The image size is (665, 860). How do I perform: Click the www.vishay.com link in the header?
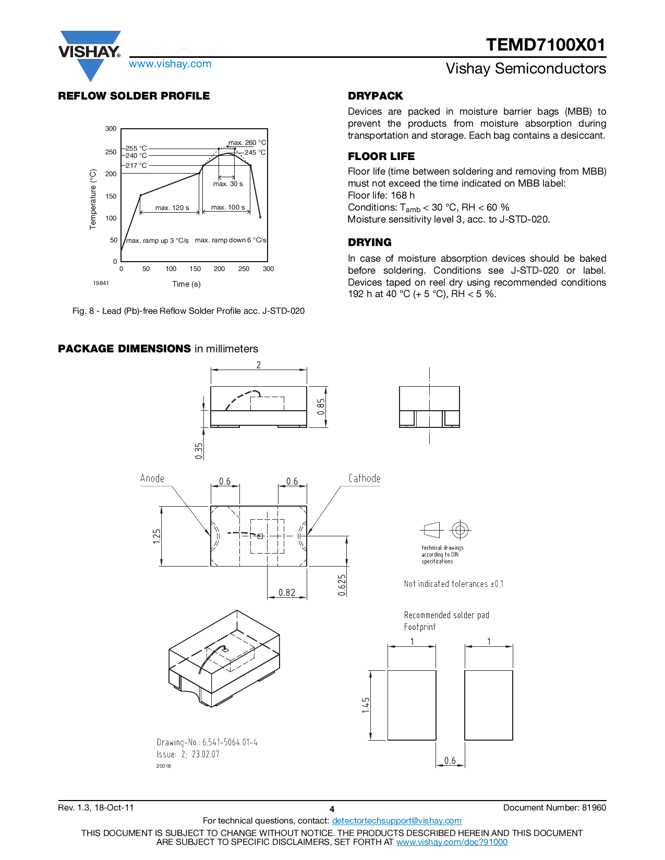pos(170,64)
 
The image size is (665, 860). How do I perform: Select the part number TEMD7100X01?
pos(546,45)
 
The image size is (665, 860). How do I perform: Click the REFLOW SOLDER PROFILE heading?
pos(134,96)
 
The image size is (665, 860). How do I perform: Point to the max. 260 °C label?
pos(247,142)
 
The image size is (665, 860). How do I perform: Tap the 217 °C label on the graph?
pos(136,165)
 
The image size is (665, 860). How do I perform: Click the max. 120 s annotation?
pos(172,207)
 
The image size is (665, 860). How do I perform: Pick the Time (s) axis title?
pos(186,284)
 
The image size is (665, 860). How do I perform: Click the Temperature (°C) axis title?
pos(93,199)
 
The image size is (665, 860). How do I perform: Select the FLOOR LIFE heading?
pos(381,156)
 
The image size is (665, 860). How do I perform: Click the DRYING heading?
pos(370,242)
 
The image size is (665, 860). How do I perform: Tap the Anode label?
pos(152,478)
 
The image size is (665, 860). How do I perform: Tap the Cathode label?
pos(365,478)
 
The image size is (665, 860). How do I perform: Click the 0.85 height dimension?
pos(321,407)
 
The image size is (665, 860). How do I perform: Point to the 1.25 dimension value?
pos(157,536)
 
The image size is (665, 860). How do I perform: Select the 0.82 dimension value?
pos(287,593)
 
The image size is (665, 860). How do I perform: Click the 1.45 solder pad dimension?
pos(366,705)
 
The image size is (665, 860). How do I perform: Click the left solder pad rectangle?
pos(412,705)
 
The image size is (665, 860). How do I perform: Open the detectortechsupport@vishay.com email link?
pos(396,820)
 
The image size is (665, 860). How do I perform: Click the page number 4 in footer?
pos(332,809)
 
